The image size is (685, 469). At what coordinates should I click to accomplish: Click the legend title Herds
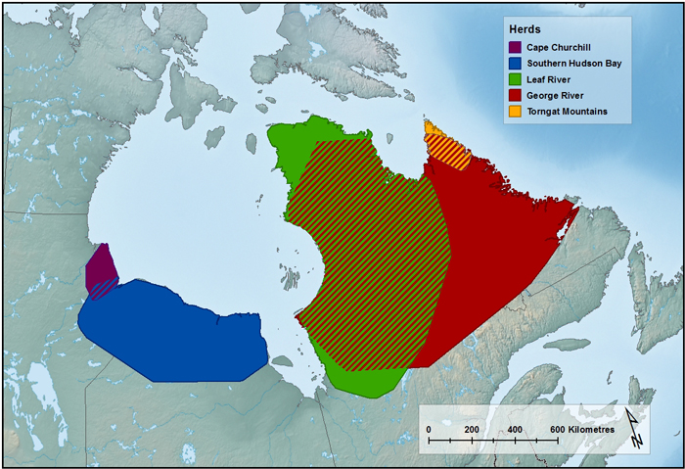[521, 28]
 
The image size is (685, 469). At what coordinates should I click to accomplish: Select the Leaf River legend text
[554, 79]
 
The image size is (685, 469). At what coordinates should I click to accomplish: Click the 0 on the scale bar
[428, 431]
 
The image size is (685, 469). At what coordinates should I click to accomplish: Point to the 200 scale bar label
[471, 431]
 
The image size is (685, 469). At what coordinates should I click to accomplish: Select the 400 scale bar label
[514, 431]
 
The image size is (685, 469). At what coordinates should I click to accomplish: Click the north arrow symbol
[633, 429]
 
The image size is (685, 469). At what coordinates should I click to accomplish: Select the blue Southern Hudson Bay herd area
[176, 333]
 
